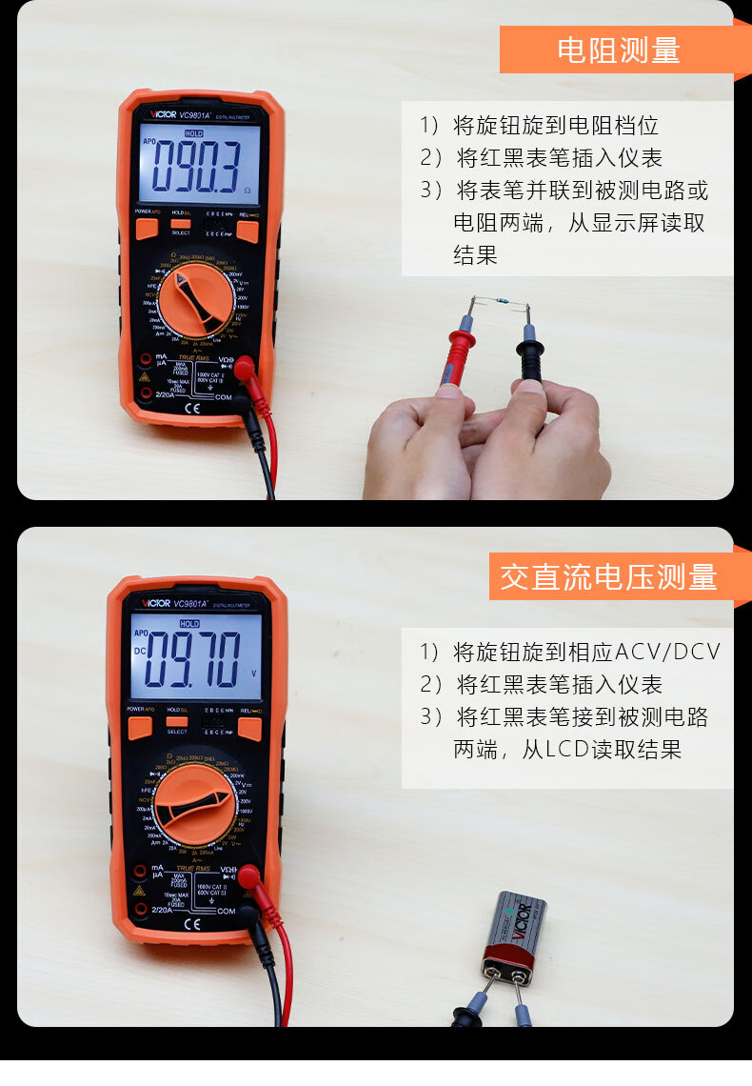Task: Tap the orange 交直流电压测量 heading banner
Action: (609, 576)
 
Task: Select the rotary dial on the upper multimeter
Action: (196, 300)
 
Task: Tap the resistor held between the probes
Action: (500, 305)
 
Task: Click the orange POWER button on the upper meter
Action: (147, 229)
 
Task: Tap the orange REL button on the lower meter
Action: (249, 729)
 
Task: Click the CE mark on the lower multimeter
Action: (191, 922)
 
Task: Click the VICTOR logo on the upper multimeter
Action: (158, 116)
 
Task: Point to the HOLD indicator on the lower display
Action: (189, 623)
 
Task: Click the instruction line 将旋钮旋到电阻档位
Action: (556, 126)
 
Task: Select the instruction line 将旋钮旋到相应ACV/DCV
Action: (586, 653)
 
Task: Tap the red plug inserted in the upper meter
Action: (246, 368)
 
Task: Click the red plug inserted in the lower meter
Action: (250, 877)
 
